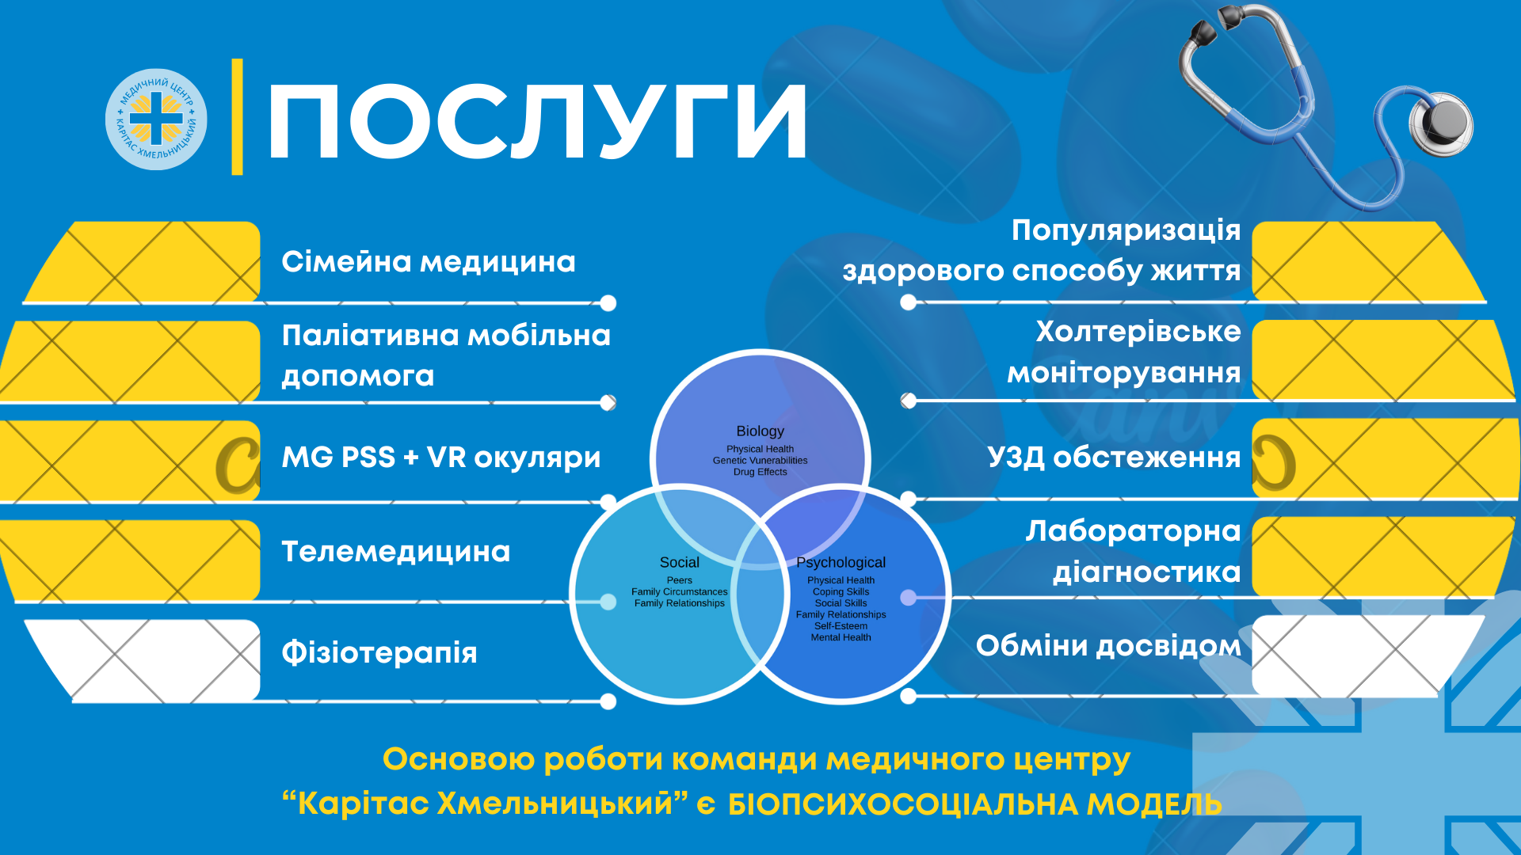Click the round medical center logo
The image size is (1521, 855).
[156, 119]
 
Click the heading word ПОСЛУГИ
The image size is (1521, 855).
[538, 122]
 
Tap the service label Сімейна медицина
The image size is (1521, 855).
[429, 261]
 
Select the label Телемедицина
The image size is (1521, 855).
[396, 551]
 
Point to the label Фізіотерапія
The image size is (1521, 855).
[379, 652]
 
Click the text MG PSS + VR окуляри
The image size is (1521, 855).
[441, 457]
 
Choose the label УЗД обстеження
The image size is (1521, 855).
[1114, 457]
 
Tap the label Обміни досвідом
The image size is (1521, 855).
[1108, 645]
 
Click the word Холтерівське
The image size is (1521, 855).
[1138, 332]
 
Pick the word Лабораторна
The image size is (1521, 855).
[1134, 531]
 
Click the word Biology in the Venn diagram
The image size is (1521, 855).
[760, 431]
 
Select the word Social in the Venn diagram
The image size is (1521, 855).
[680, 562]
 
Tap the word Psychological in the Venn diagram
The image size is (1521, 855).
[841, 562]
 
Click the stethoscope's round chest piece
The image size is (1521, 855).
[1443, 122]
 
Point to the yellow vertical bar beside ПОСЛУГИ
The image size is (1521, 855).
[237, 116]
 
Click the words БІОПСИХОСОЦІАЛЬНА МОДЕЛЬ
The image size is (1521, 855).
[975, 804]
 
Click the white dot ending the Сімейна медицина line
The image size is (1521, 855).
[608, 303]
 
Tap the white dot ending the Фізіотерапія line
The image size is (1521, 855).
[608, 701]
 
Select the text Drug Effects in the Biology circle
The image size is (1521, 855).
[760, 472]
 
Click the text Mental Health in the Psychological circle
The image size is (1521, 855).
[841, 637]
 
